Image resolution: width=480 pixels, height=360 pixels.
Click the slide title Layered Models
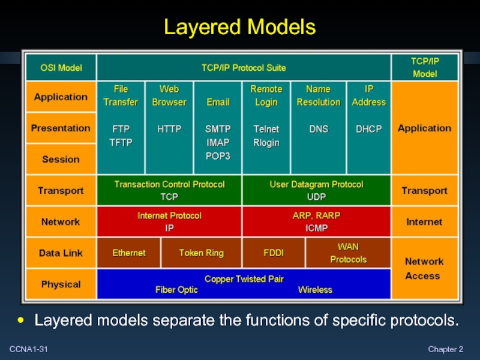(x=240, y=27)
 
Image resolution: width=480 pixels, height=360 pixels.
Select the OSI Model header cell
(x=61, y=68)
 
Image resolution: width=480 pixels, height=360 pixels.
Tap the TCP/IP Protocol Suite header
(x=243, y=68)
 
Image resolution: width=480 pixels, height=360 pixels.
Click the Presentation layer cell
(x=61, y=128)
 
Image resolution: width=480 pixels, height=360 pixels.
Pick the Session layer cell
(x=61, y=159)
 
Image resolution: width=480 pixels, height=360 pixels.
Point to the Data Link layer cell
(x=61, y=253)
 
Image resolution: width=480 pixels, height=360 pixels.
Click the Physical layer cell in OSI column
(x=61, y=284)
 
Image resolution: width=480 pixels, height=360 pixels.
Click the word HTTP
(x=169, y=129)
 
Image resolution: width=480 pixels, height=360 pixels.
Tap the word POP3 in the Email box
(x=218, y=155)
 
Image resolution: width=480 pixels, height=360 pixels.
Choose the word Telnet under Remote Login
(x=266, y=129)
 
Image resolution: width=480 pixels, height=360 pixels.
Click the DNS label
(x=319, y=129)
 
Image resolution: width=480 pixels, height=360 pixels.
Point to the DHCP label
(x=369, y=129)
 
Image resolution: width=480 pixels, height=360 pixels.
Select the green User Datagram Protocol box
(x=316, y=190)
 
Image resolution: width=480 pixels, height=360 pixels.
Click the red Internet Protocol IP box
(x=169, y=221)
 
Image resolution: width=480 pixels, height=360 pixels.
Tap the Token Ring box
(x=201, y=253)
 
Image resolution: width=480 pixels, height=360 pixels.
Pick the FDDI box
(x=274, y=253)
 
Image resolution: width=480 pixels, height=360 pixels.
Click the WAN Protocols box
(x=348, y=253)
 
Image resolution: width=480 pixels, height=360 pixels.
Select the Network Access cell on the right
(x=424, y=268)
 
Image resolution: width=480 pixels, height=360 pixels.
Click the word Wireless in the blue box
(x=315, y=290)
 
